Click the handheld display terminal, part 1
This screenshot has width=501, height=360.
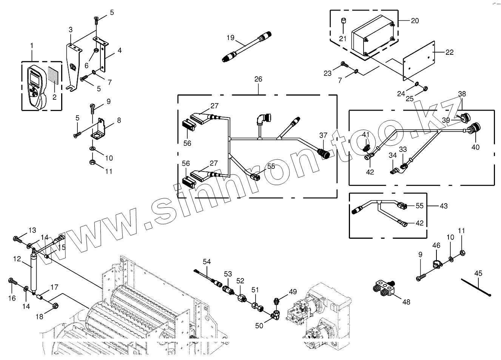(x=37, y=86)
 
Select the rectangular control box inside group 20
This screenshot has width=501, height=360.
(x=372, y=36)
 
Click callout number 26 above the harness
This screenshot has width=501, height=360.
(x=258, y=79)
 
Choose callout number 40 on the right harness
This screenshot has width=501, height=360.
(x=475, y=147)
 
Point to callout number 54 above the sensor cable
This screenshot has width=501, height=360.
(x=207, y=262)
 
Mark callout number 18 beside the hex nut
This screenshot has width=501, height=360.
(x=40, y=317)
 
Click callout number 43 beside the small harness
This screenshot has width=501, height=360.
(x=444, y=206)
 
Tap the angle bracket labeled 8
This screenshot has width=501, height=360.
(x=100, y=129)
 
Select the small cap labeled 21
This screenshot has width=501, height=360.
(x=343, y=21)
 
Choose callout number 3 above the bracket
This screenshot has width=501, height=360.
(x=71, y=29)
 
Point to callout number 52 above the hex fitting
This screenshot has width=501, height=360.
(x=240, y=281)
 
